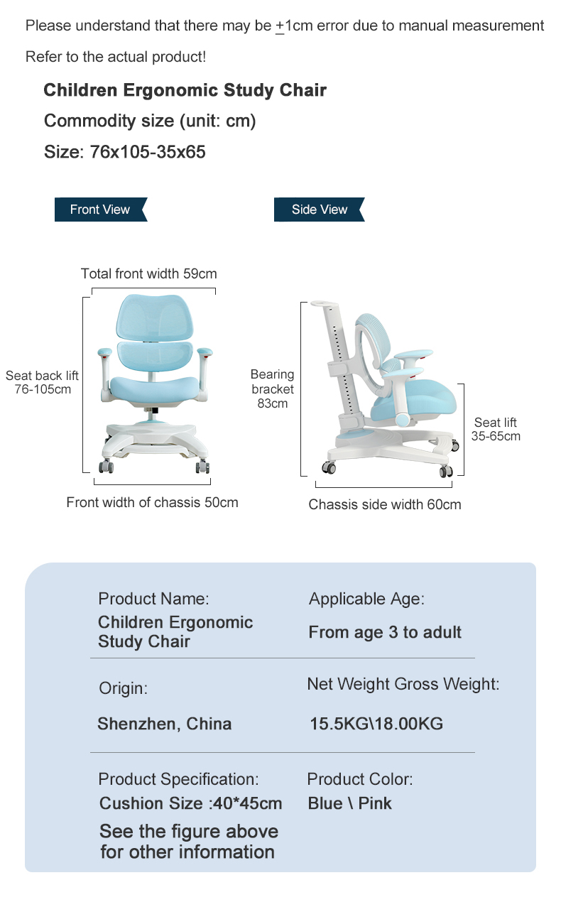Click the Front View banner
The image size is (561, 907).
click(101, 210)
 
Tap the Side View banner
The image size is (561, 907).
click(320, 210)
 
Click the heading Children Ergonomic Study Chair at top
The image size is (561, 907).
click(185, 90)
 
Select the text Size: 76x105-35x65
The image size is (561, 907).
click(125, 152)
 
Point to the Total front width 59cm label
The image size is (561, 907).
click(149, 273)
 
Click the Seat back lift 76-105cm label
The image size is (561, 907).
click(42, 382)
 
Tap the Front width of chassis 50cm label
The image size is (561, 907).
click(152, 502)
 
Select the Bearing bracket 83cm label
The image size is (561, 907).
click(273, 389)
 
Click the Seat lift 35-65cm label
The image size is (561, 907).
click(496, 429)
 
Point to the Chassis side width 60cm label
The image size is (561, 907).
click(385, 504)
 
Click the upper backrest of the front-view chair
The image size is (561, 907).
click(153, 317)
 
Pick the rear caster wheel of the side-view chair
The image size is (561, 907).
click(328, 467)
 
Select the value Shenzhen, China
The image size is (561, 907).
click(164, 724)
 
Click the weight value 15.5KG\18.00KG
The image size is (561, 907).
click(376, 724)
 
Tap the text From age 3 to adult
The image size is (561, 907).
click(385, 632)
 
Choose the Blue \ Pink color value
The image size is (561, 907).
click(349, 803)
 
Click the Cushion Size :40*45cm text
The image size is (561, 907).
click(190, 803)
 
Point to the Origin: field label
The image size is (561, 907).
click(123, 688)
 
